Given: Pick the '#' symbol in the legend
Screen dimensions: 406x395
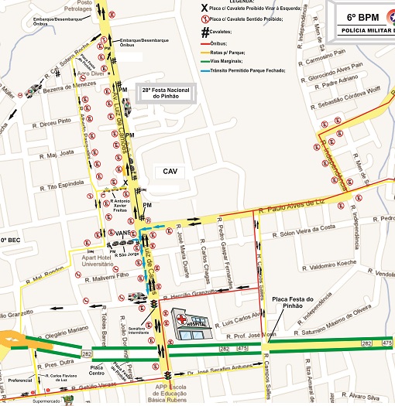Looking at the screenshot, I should pos(206,32).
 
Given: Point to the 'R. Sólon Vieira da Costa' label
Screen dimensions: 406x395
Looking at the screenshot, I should pos(307,227).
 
